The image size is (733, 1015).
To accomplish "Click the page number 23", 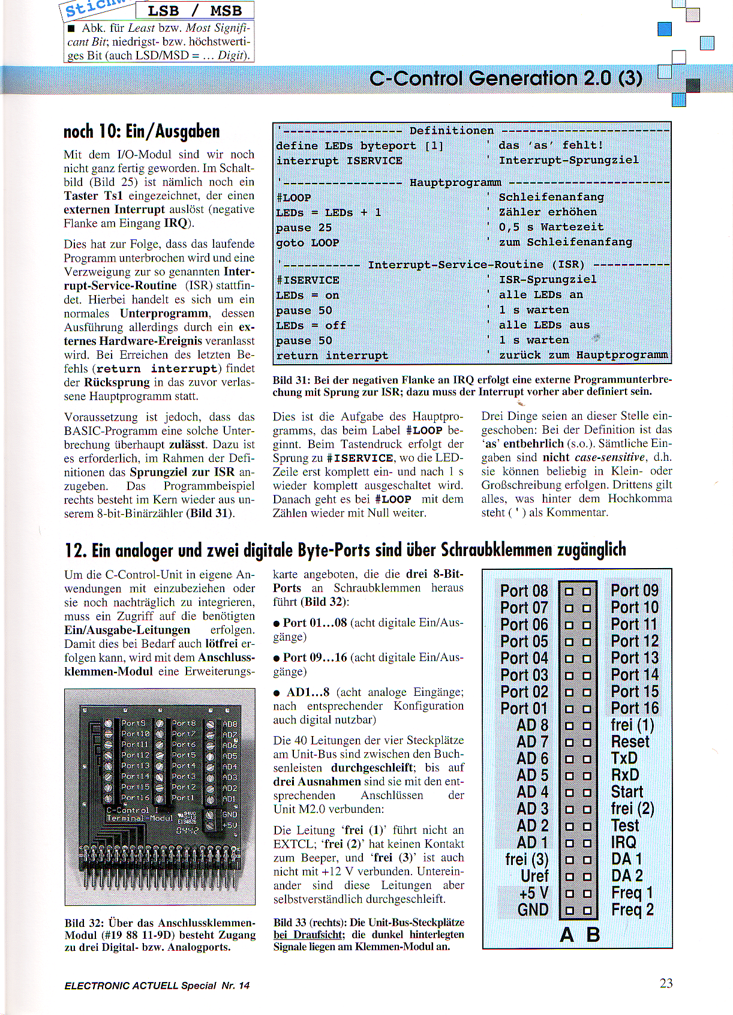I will (666, 983).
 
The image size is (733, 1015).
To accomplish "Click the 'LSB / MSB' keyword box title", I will (194, 11).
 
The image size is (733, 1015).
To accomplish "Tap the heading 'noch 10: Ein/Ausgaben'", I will (142, 131).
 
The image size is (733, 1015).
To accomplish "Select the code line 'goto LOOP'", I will (308, 243).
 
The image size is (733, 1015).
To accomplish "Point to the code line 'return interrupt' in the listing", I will (332, 356).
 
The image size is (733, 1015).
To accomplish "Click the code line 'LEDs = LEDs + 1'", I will (328, 213).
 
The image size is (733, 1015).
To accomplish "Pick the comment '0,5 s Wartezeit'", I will (551, 227).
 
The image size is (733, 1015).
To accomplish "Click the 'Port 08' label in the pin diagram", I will (524, 591).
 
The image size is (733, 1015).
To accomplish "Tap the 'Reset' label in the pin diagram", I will (630, 742).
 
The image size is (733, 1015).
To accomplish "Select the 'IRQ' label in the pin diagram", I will (624, 843).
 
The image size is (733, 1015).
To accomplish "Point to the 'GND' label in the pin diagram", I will (533, 910).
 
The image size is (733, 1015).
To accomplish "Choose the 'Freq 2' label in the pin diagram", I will (632, 910).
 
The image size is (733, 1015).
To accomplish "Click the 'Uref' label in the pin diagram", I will (534, 876).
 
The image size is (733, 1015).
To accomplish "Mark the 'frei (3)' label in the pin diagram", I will (527, 860).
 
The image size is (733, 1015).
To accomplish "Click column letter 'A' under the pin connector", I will (567, 935).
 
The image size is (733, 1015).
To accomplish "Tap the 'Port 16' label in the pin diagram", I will (635, 708).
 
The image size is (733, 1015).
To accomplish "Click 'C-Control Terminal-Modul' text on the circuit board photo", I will (139, 814).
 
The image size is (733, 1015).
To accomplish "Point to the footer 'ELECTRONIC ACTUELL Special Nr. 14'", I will (157, 986).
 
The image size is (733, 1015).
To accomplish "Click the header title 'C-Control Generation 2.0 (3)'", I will (506, 79).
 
